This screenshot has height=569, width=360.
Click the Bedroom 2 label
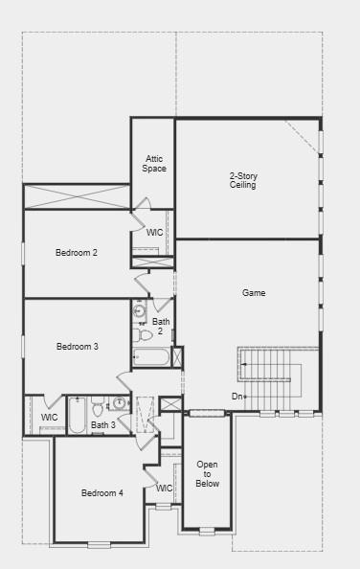(77, 253)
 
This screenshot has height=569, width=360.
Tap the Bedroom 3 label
(77, 347)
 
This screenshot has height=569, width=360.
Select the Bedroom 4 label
(101, 493)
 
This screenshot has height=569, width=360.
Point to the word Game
(254, 293)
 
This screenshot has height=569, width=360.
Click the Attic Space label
(154, 164)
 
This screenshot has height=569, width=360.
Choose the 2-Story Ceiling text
(243, 181)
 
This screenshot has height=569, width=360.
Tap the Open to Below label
(208, 474)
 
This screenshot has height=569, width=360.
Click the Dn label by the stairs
(236, 397)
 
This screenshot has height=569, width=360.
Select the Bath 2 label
(161, 327)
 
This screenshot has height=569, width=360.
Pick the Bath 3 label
(103, 425)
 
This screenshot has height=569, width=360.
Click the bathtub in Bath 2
(152, 357)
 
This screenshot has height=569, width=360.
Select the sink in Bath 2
(139, 311)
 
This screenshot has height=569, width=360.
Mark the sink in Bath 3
(120, 403)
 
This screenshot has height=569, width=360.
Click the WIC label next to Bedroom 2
(154, 233)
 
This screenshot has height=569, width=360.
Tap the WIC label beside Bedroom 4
(164, 489)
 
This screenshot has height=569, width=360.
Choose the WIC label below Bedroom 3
(50, 418)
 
